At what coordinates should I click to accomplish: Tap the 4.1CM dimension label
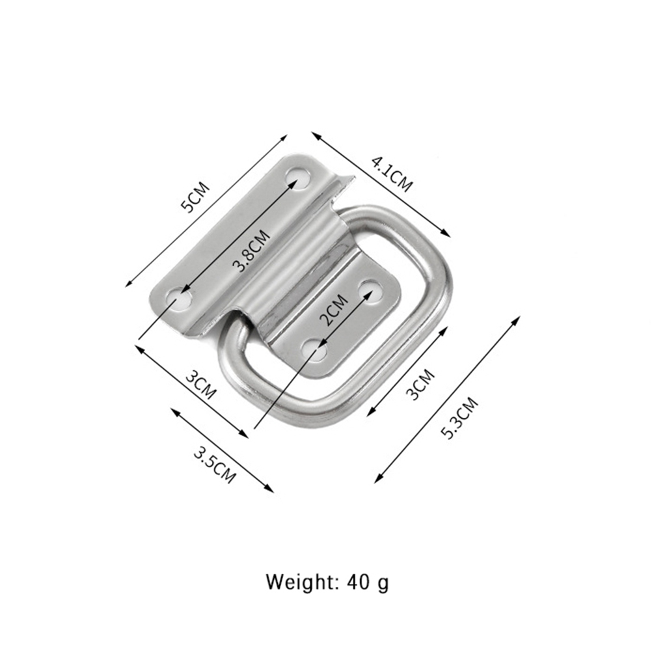392,173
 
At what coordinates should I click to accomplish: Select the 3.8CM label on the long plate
252,251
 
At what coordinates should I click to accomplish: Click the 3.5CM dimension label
215,465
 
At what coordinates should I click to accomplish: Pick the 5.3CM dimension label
459,418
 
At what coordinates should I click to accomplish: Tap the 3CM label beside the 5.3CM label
420,384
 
